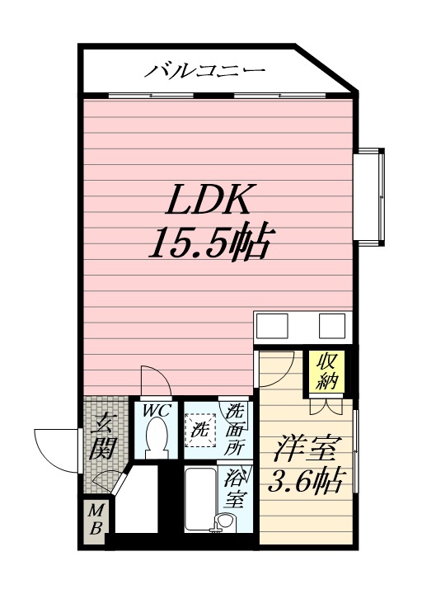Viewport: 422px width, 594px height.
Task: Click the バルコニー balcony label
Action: coord(204,70)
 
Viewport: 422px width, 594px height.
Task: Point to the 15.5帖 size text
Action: coord(210,242)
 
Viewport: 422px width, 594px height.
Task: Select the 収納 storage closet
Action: coord(327,371)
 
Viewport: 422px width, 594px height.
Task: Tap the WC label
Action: coord(156,411)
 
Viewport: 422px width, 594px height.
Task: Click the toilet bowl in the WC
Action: coord(157,440)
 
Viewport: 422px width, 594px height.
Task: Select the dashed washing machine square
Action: coord(200,431)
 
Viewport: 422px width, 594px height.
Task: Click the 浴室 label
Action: coord(234,488)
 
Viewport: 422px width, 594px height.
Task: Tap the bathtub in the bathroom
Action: coord(200,499)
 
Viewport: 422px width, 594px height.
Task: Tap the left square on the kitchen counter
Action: coord(272,325)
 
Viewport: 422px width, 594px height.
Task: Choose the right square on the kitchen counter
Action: coord(332,325)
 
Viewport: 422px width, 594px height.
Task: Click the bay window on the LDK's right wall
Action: coord(369,197)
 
